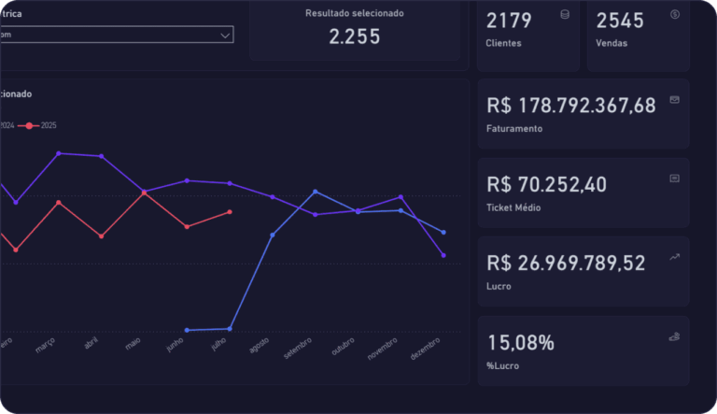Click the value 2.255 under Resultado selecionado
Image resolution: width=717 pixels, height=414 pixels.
pos(355,36)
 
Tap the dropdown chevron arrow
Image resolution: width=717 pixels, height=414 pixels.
pos(225,35)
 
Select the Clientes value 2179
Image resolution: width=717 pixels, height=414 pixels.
pos(509,20)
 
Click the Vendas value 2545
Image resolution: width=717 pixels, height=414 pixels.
pos(619,20)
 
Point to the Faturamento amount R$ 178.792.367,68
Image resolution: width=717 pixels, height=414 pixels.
pos(570,106)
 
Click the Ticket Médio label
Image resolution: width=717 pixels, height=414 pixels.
pos(513,207)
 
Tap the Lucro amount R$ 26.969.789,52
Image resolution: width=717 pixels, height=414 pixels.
pos(566,264)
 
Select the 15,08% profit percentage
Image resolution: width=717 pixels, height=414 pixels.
pos(520,342)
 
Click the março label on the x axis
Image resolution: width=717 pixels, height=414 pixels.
pos(46,347)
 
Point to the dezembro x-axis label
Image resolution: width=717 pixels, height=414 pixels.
pos(426,349)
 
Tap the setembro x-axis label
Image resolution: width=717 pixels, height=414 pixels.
pos(298,349)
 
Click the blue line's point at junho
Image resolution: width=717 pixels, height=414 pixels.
pos(187,330)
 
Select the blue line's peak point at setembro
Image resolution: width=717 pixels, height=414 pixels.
pos(315,192)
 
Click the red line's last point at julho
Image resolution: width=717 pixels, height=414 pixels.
pos(230,212)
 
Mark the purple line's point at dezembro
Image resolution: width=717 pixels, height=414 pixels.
pos(443,255)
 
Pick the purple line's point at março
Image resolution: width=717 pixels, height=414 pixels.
pos(59,153)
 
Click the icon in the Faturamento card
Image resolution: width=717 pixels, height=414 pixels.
pos(674,99)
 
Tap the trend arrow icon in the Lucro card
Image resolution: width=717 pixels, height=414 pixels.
pos(674,256)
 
